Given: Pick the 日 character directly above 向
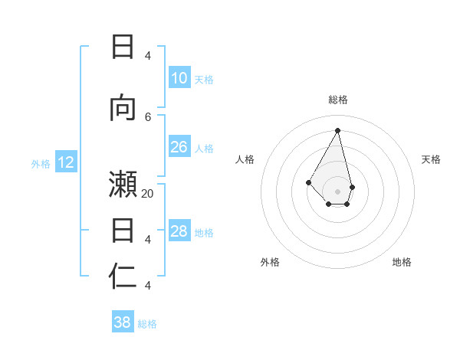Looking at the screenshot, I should (x=123, y=47).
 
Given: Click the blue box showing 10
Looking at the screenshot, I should (x=179, y=77).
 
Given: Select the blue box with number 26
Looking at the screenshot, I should (x=179, y=147).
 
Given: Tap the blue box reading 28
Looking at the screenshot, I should (x=179, y=231).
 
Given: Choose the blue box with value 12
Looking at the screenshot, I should (x=66, y=162).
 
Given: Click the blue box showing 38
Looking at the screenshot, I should (x=123, y=322).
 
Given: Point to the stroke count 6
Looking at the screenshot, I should (x=148, y=116).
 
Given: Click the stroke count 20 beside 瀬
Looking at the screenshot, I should (x=148, y=194).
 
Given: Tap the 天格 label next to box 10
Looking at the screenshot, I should (x=204, y=79).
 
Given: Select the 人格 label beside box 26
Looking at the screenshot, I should (x=204, y=149).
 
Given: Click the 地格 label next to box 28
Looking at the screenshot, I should (x=204, y=233).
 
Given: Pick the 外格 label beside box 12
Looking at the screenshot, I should (x=40, y=163).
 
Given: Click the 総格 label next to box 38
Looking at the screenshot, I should (x=147, y=324).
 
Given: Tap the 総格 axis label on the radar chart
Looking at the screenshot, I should (x=337, y=100).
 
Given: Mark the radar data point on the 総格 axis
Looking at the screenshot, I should (x=337, y=130).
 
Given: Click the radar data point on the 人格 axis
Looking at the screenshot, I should (x=309, y=182).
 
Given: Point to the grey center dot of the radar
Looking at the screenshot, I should (x=337, y=191).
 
